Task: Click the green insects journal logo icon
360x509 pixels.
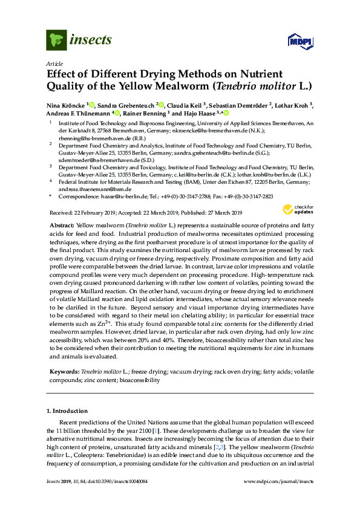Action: point(56,40)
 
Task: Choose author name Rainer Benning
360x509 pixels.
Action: point(147,113)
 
